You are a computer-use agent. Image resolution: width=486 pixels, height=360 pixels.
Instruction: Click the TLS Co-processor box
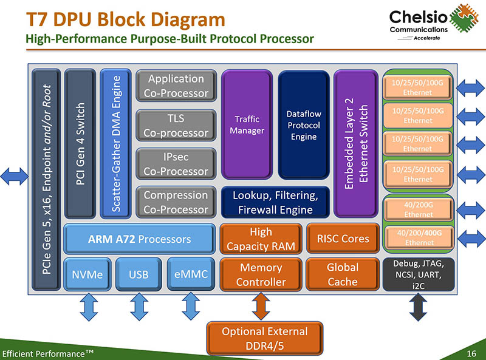click(x=176, y=125)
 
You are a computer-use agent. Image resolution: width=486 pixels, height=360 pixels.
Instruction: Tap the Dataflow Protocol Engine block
click(x=303, y=124)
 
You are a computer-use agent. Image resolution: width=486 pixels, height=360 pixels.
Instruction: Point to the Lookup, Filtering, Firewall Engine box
click(x=275, y=203)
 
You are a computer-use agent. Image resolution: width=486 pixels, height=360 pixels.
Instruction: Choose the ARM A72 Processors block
click(x=139, y=239)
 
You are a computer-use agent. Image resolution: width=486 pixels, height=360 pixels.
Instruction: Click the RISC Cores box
click(x=343, y=239)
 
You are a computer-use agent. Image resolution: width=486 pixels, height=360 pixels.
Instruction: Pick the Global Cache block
click(x=343, y=274)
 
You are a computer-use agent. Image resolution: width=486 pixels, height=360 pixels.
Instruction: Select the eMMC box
click(x=191, y=274)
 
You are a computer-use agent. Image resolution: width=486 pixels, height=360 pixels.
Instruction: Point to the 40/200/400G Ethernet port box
click(x=419, y=237)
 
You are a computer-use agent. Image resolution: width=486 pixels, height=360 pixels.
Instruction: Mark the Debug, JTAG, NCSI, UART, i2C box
click(x=419, y=274)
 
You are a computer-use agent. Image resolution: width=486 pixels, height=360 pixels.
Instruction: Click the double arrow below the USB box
click(x=139, y=307)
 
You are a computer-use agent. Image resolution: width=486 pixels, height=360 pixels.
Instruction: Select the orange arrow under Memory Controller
click(x=261, y=307)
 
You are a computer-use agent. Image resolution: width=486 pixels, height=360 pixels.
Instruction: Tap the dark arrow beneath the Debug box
click(x=419, y=307)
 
